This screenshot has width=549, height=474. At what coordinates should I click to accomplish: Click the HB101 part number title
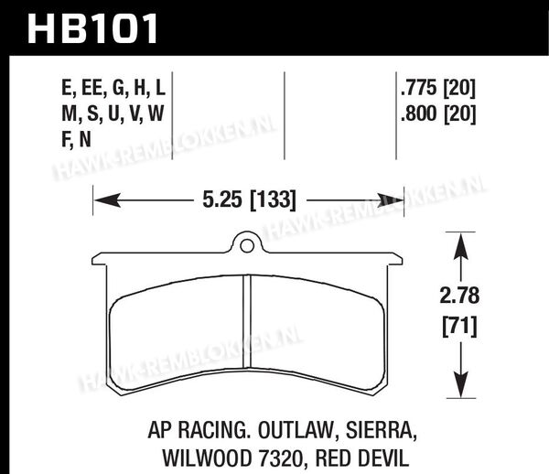click(92, 28)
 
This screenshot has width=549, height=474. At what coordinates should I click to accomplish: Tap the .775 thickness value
click(419, 88)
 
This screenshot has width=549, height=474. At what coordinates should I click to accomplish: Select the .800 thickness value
click(419, 113)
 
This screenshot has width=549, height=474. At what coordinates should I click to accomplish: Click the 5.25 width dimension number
click(222, 199)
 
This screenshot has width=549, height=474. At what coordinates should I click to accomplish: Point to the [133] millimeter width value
click(273, 200)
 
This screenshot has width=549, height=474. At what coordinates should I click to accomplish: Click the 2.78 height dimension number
click(459, 296)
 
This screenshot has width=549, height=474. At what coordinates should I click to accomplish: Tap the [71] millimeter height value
click(459, 327)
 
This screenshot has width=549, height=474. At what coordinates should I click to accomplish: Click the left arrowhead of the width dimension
click(107, 200)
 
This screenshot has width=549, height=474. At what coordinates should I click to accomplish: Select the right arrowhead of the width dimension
click(391, 200)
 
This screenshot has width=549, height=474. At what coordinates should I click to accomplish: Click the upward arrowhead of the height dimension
click(461, 246)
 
